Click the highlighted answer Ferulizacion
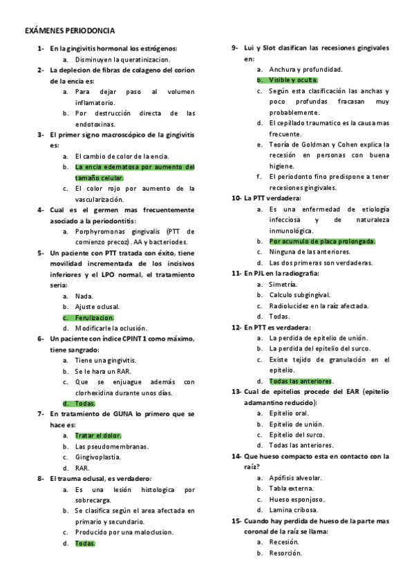[x=95, y=317]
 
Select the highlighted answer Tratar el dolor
[x=97, y=435]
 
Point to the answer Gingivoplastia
[x=98, y=457]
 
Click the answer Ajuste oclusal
[x=97, y=306]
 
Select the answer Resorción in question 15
[x=285, y=553]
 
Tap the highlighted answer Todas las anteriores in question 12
[x=301, y=381]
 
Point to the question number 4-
[x=41, y=209]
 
